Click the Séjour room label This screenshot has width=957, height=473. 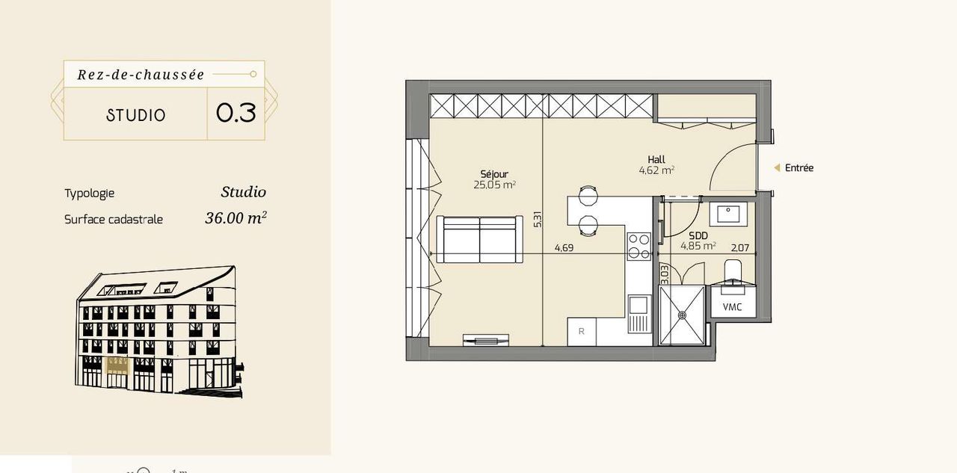coord(494,174)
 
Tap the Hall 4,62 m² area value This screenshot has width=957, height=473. coord(656,170)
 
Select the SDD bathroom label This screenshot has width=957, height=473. coord(698,235)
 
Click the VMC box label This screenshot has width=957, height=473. coord(732,307)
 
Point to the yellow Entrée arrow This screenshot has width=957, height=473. coord(777,168)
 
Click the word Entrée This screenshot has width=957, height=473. coord(799,168)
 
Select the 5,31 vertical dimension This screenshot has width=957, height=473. coord(538,220)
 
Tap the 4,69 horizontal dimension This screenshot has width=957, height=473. coord(564,247)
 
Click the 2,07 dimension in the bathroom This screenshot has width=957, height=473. coord(740,247)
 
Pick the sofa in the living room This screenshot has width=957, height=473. coord(480,239)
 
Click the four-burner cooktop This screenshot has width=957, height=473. coord(639,247)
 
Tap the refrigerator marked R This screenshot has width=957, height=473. coord(582,331)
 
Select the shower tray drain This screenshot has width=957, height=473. coord(682,315)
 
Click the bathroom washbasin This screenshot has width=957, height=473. coord(728,214)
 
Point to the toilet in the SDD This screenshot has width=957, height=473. coord(733,273)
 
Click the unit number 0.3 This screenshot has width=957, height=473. coord(236,113)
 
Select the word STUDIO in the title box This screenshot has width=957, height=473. coord(136,115)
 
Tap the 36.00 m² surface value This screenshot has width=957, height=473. coord(236,217)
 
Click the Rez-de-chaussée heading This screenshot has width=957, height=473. coord(141,75)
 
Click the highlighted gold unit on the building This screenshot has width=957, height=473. coord(117,365)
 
